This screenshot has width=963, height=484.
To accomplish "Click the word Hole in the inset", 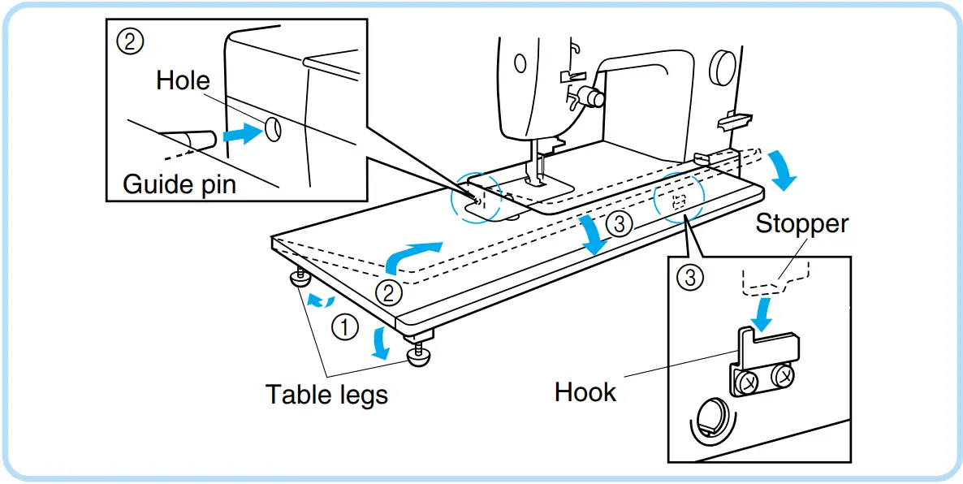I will click(x=183, y=80).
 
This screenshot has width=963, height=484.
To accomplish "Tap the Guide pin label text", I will click(x=179, y=184).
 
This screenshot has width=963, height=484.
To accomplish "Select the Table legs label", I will click(x=326, y=395).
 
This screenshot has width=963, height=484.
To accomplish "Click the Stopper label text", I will click(x=801, y=223).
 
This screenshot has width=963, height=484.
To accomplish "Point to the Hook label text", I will click(x=585, y=392).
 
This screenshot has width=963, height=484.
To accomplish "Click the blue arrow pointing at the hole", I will click(x=241, y=135).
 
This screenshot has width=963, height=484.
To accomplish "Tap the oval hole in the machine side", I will click(x=273, y=127).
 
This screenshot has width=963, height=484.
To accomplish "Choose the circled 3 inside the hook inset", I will click(x=689, y=279).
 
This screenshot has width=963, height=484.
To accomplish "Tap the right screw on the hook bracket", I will click(x=783, y=375).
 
